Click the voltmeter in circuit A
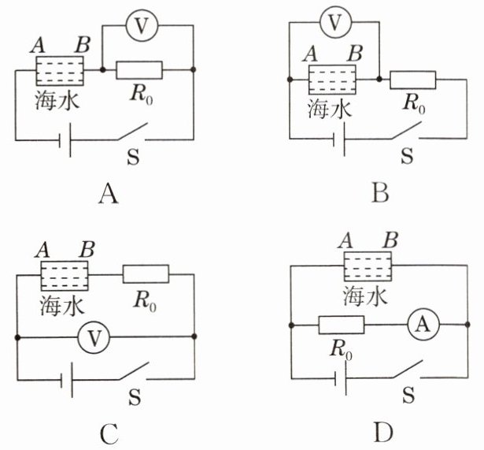click(142, 26)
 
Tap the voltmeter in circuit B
click(335, 22)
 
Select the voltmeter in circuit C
click(94, 337)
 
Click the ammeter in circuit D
click(423, 325)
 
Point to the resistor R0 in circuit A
click(139, 70)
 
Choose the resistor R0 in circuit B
click(413, 80)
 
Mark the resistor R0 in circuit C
click(146, 273)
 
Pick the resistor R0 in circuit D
click(342, 325)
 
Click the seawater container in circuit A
click(60, 71)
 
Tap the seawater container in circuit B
click(332, 80)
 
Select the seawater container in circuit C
click(65, 276)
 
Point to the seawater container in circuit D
click(368, 266)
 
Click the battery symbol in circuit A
click(65, 140)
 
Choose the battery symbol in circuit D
click(341, 377)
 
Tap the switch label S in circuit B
click(407, 156)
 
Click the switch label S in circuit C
click(135, 397)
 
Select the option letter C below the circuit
click(109, 433)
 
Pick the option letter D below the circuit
click(383, 433)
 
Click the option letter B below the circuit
click(381, 193)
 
